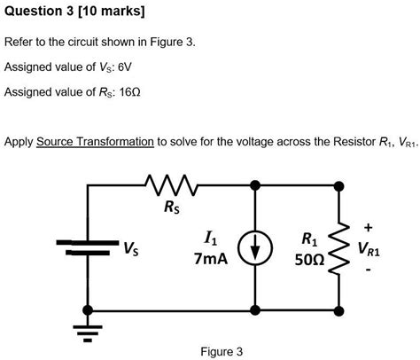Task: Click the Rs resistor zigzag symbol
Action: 169,186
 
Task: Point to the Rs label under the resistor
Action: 171,209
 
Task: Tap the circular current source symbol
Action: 255,249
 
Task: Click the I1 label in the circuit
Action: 210,238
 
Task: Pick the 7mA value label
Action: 210,258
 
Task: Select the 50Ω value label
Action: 307,259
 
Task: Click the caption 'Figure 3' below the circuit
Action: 222,351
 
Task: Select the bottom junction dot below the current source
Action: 255,311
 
